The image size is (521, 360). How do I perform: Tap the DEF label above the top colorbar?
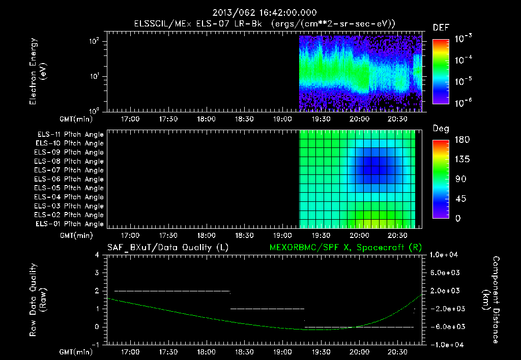(x=441, y=28)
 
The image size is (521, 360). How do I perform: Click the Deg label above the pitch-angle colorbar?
(x=441, y=129)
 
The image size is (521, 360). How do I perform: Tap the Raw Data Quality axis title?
(x=38, y=300)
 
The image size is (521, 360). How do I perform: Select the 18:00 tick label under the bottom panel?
(x=206, y=352)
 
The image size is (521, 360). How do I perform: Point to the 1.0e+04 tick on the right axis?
(x=445, y=254)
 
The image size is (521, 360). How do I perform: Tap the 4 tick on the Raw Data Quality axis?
(x=97, y=254)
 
